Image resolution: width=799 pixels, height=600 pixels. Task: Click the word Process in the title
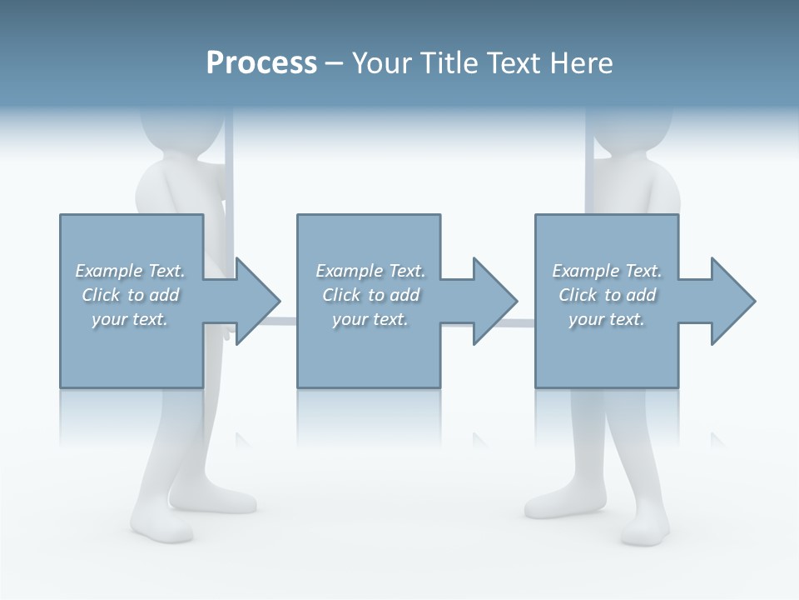click(261, 63)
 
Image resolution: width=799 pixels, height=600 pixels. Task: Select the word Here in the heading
click(582, 63)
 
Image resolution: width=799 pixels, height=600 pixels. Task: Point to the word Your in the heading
click(380, 63)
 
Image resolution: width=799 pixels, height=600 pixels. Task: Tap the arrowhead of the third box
click(732, 301)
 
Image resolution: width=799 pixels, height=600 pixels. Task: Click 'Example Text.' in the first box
click(130, 271)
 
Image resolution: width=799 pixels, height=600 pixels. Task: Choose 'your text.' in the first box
click(130, 319)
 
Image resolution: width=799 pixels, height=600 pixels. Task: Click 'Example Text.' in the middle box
click(370, 271)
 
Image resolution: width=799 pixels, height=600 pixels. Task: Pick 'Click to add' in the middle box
click(370, 295)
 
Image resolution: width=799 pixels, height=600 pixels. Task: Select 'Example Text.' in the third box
click(607, 271)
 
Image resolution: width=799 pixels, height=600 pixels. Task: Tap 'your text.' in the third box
click(607, 319)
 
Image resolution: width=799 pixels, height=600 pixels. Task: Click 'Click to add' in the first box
click(130, 295)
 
